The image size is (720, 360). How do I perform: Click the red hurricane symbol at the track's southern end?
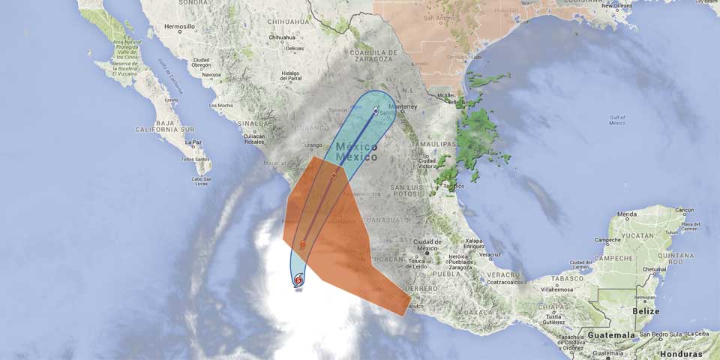(x=298, y=280)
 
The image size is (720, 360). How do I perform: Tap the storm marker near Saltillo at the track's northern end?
(x=376, y=111)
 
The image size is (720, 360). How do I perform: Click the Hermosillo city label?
(x=179, y=26)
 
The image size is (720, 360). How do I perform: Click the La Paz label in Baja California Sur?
(x=193, y=142)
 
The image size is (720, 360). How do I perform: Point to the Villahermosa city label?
(x=556, y=288)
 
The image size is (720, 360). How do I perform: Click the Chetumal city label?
(x=654, y=269)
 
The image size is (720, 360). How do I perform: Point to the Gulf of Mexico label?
(x=617, y=120)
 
